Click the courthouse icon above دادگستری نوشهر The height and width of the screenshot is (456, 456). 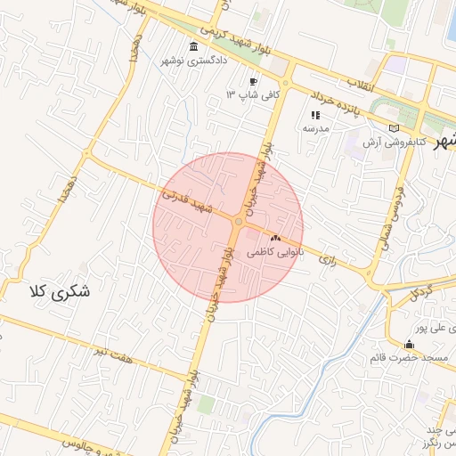tap(194, 46)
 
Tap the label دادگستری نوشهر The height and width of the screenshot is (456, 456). tap(194, 61)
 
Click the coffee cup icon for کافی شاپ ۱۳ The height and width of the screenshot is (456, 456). tap(253, 82)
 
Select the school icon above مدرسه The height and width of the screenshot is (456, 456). tap(314, 115)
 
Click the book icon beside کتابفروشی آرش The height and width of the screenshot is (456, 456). tap(395, 128)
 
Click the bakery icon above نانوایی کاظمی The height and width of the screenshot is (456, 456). tap(274, 239)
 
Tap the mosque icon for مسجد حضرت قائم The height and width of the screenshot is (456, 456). tap(409, 345)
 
